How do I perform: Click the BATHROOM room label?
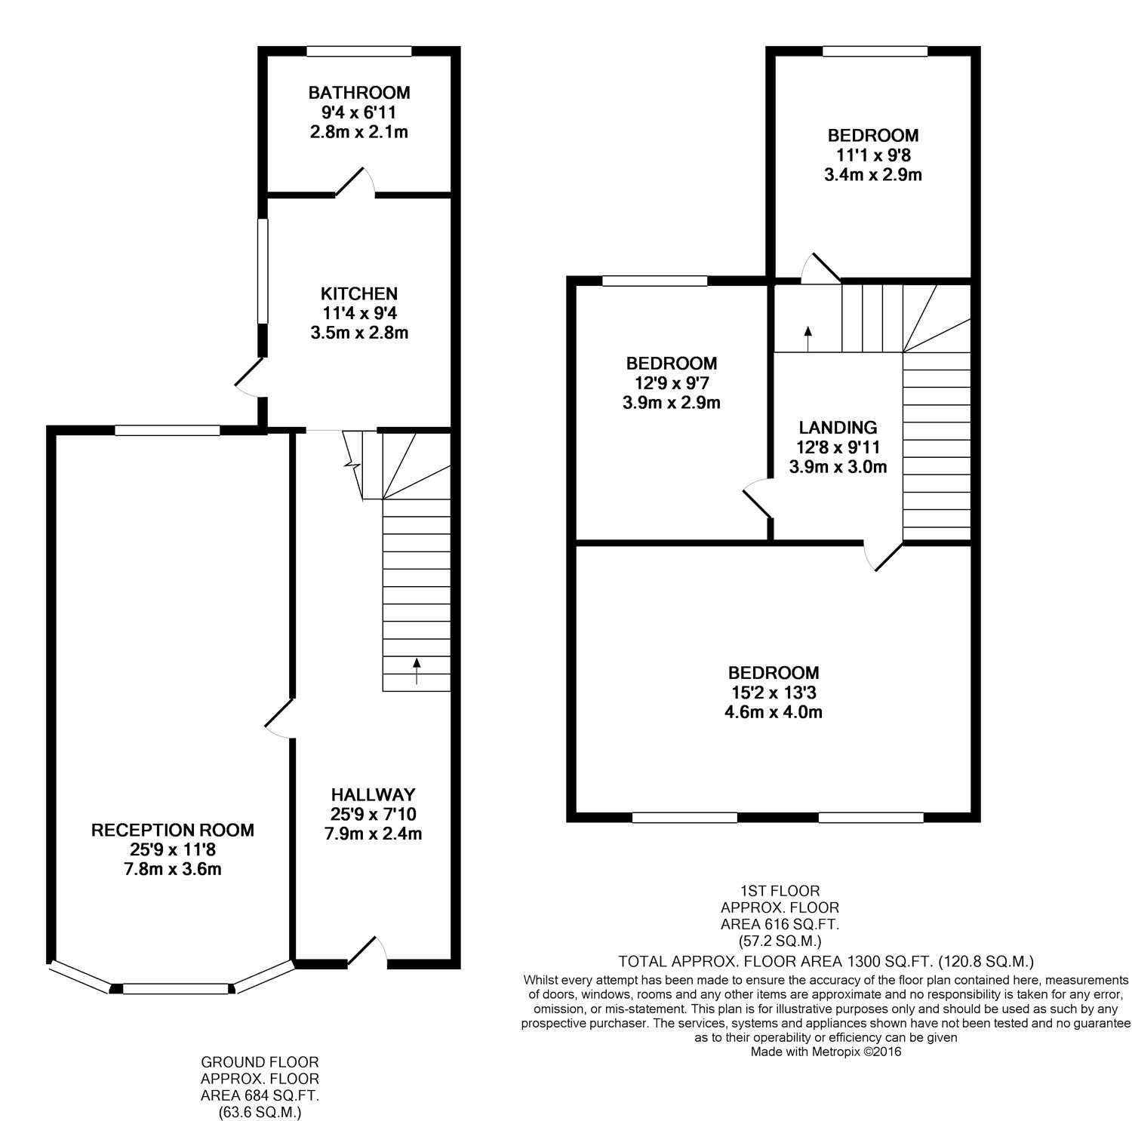(x=359, y=93)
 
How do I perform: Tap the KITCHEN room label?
(x=359, y=293)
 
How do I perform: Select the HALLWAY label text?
(x=374, y=794)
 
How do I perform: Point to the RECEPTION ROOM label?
(x=173, y=831)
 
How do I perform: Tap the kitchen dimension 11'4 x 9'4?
(x=359, y=313)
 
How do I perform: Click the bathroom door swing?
(x=356, y=180)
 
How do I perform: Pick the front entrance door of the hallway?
(x=369, y=951)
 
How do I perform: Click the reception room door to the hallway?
(x=278, y=717)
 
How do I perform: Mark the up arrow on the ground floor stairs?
(x=417, y=671)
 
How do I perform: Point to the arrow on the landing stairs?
(x=807, y=339)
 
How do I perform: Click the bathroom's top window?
(x=359, y=51)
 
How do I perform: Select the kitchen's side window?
(x=263, y=271)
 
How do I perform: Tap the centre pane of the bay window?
(x=175, y=989)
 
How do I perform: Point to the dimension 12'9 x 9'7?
(x=672, y=382)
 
